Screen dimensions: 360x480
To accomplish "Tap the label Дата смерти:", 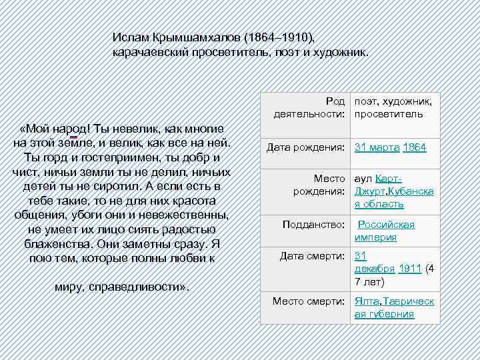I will pyautogui.click(x=312, y=256).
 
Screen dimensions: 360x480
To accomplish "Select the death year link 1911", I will pyautogui.click(x=409, y=269).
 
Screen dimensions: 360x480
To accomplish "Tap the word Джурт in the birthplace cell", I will pyautogui.click(x=369, y=191).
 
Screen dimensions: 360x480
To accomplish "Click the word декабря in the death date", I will pyautogui.click(x=374, y=269).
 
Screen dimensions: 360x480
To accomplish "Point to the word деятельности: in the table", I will pyautogui.click(x=310, y=114).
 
